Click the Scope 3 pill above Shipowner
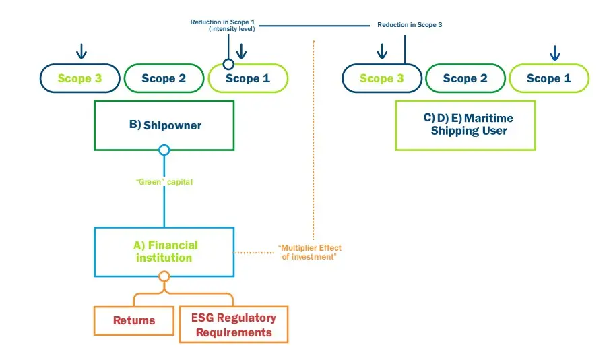coord(79,78)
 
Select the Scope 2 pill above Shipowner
coord(164,78)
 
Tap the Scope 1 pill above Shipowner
coord(248,78)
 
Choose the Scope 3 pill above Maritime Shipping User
coord(381,78)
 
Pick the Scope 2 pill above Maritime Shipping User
coord(465,78)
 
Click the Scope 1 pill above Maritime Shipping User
coord(548,78)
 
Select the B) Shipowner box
coord(164,125)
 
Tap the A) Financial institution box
coord(164,251)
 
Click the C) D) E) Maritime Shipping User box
coord(465,125)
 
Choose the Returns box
coord(133,320)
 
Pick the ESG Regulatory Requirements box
coord(233,324)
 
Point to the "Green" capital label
coord(164,181)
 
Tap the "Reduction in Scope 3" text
coord(409,24)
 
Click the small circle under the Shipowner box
coord(164,150)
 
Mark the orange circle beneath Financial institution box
coord(164,276)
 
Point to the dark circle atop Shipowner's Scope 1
coord(228,64)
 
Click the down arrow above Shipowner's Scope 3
coord(81,51)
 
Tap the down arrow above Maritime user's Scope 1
coord(554,52)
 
